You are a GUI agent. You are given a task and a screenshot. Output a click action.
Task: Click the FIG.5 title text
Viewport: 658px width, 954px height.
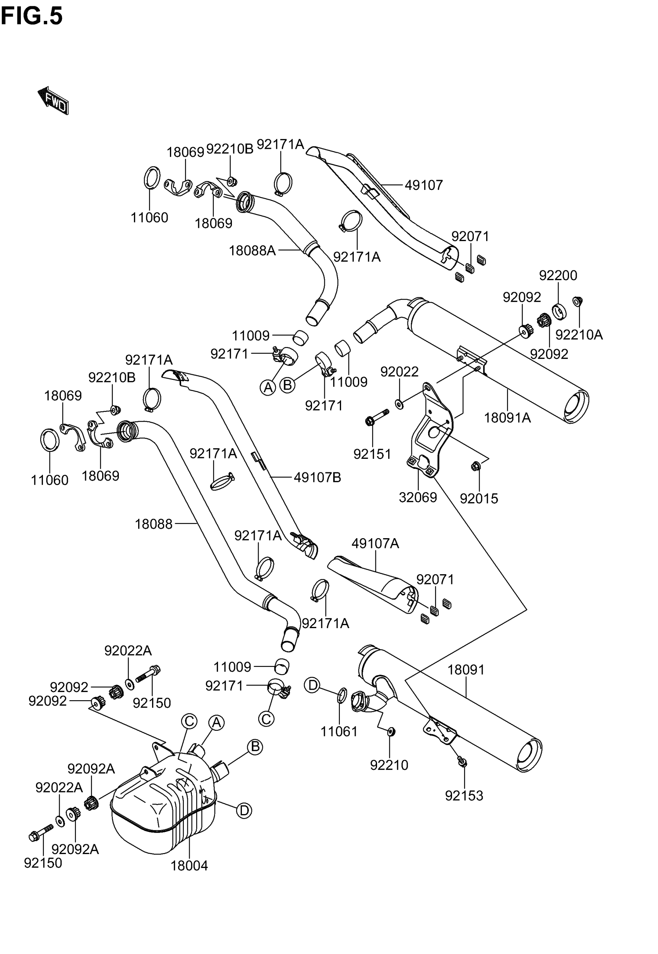[32, 17]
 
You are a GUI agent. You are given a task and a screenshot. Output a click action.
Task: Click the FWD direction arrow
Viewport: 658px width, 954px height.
[53, 100]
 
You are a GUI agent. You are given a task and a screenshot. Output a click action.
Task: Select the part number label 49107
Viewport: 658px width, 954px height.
[423, 185]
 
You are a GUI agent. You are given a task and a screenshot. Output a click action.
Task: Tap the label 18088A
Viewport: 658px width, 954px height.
[252, 250]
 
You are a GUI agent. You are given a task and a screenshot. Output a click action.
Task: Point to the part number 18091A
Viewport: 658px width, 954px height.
[507, 418]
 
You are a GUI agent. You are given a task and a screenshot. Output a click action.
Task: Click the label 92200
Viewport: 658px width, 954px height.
[558, 275]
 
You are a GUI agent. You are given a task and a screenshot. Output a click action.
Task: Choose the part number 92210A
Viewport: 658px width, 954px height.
[579, 335]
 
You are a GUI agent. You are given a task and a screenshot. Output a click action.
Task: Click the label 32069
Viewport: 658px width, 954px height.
[418, 497]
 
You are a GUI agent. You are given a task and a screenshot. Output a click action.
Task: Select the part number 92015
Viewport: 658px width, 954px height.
[479, 498]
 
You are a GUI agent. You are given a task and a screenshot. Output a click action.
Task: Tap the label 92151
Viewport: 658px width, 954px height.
[372, 454]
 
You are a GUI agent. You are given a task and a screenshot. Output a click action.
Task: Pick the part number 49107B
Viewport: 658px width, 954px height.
[317, 477]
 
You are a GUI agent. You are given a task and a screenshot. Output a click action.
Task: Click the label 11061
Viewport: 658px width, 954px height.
[339, 732]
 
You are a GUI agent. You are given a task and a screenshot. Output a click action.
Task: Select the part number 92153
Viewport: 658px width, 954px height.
[464, 796]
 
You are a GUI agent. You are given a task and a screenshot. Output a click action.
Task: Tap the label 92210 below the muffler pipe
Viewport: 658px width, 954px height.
[389, 765]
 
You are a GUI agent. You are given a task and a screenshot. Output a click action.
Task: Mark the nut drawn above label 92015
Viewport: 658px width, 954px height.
[475, 467]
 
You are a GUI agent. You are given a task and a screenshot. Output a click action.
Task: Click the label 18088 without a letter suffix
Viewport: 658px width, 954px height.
[153, 524]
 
